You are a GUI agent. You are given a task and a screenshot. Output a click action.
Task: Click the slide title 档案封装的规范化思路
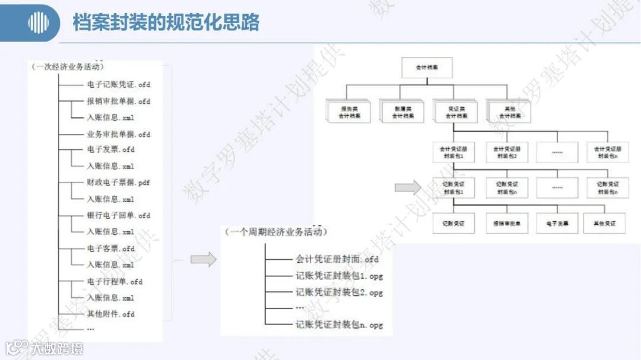point(166,23)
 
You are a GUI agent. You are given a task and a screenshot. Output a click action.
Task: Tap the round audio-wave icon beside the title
point(39,23)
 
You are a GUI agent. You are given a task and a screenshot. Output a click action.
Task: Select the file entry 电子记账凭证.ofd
point(118,85)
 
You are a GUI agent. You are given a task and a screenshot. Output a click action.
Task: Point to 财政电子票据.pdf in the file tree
point(118,183)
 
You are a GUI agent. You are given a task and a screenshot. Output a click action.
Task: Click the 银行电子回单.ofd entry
point(118,215)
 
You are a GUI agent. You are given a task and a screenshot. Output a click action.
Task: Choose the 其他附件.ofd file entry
point(110,314)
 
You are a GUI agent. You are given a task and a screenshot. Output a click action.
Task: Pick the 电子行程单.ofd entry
point(115,281)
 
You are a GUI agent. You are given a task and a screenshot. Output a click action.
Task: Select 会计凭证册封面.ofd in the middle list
point(337,259)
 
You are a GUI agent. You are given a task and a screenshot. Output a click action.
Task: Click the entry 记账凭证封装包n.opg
point(339,324)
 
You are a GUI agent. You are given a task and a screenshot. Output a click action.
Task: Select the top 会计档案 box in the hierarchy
point(427,68)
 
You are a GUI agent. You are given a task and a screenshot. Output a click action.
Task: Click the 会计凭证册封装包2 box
point(507,152)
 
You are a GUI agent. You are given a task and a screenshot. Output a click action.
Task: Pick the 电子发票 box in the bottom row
point(557,224)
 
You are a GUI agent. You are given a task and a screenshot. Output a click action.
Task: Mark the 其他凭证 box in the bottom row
point(604,224)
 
